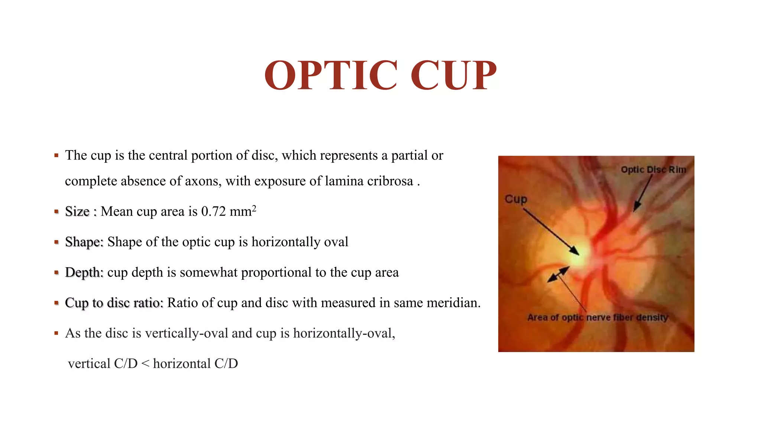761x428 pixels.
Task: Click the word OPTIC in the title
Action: tap(331, 75)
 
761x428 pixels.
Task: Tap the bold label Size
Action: tap(77, 211)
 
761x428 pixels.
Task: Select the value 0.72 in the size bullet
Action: tap(213, 211)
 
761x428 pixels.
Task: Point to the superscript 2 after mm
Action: tap(254, 208)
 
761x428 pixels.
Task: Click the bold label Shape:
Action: tap(84, 242)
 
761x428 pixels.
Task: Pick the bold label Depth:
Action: tap(84, 272)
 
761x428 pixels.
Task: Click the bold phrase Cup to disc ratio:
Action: tap(114, 303)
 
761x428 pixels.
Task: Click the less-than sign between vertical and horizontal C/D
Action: tap(145, 364)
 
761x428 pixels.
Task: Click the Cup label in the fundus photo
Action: tap(516, 199)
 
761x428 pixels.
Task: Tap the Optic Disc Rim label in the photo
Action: tap(653, 170)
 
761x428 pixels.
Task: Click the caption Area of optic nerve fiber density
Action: tap(598, 317)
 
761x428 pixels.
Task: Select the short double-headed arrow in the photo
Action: tap(558, 274)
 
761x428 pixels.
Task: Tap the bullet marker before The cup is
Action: tap(56, 156)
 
